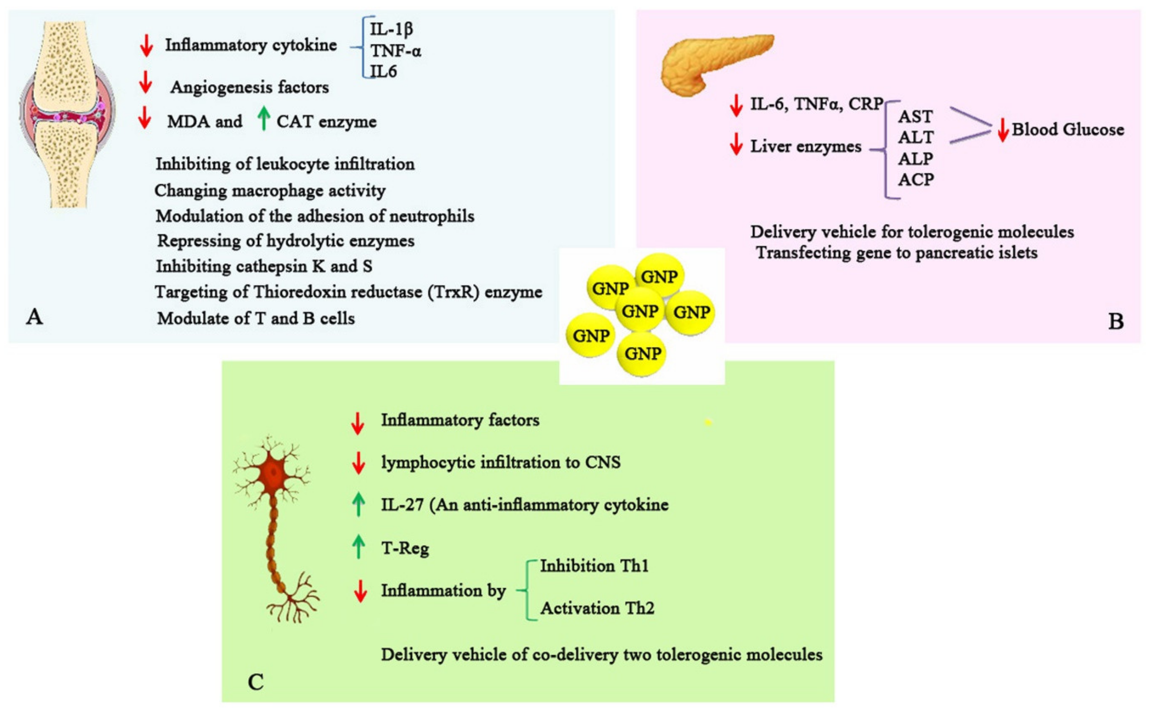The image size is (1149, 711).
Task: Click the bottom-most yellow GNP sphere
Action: (643, 354)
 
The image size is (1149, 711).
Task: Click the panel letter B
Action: (1115, 322)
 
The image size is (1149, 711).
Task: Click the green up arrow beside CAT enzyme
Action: (264, 118)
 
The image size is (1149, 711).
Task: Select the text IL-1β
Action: (391, 29)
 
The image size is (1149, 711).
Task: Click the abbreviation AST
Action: (915, 116)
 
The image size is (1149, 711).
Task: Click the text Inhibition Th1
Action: (594, 566)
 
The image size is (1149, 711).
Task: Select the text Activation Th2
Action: (597, 608)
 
